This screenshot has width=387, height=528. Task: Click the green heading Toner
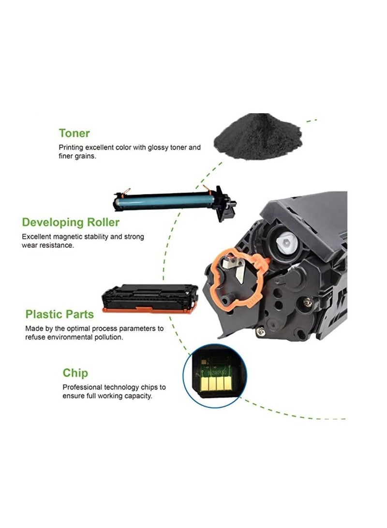click(74, 133)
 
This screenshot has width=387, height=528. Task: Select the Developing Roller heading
click(71, 223)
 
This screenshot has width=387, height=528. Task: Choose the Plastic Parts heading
click(60, 314)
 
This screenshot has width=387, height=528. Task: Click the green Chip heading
click(75, 373)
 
